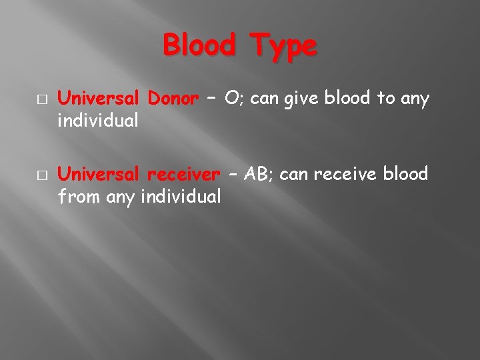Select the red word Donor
(173, 99)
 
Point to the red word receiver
(183, 175)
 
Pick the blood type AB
(257, 175)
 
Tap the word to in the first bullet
(385, 100)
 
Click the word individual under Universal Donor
(99, 122)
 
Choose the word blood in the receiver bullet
(404, 175)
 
